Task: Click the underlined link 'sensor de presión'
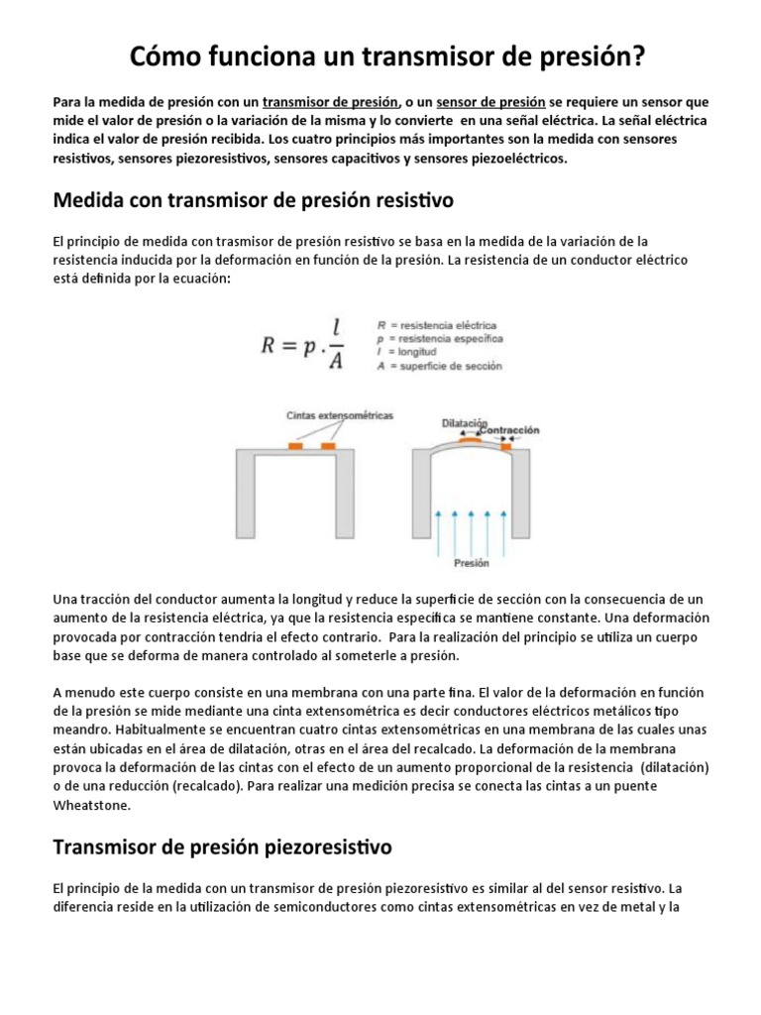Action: [484, 102]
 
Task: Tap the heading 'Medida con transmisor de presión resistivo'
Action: [253, 200]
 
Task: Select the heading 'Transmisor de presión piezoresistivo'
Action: [222, 846]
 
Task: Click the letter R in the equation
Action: [270, 346]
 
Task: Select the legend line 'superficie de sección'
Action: [446, 366]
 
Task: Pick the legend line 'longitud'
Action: [411, 352]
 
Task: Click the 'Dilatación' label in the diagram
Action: [465, 423]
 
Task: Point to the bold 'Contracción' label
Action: [513, 430]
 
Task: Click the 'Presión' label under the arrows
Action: [471, 563]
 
